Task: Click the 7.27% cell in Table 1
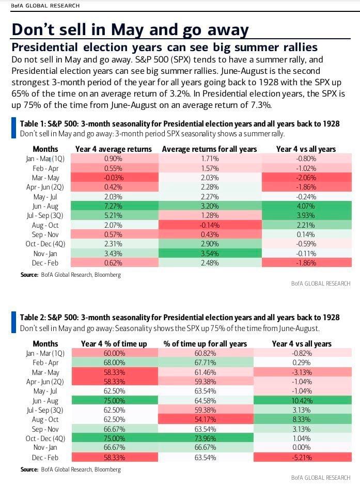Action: (113, 206)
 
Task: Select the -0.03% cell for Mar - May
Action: (113, 178)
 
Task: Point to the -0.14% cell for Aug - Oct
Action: (209, 225)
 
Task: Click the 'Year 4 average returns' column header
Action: (114, 149)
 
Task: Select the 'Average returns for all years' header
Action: (209, 149)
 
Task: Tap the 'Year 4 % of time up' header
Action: (114, 343)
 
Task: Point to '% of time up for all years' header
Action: (205, 343)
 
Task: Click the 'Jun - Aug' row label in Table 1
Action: (45, 206)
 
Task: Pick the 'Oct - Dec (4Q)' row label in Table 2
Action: (45, 439)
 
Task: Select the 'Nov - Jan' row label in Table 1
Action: (45, 254)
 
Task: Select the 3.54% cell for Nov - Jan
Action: (209, 254)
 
